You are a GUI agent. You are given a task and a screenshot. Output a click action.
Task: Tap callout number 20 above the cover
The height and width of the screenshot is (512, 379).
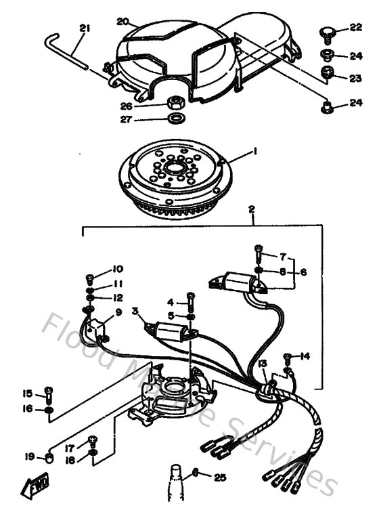tap(122, 22)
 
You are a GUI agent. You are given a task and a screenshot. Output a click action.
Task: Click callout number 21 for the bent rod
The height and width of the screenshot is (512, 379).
tap(84, 28)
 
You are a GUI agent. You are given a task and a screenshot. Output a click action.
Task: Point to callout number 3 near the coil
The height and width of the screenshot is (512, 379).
tap(135, 311)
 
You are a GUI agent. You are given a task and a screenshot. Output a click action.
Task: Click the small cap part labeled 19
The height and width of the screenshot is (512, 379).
tap(49, 460)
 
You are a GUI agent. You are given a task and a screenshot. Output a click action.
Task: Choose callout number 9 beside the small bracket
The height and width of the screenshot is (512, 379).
tap(118, 312)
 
